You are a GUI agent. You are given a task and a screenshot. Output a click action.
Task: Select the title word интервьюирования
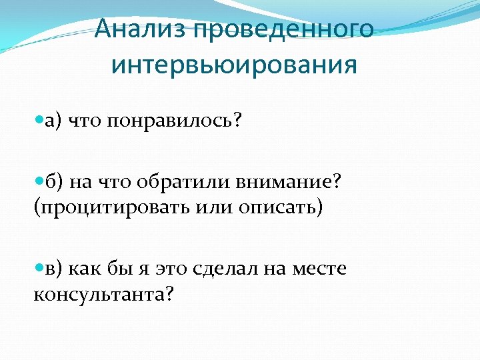(234, 65)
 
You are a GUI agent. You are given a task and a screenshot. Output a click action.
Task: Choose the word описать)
(281, 207)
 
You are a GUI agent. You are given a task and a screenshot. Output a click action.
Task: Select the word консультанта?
(103, 293)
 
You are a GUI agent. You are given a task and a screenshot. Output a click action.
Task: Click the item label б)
(54, 182)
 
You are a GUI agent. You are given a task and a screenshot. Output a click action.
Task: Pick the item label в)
(54, 269)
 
